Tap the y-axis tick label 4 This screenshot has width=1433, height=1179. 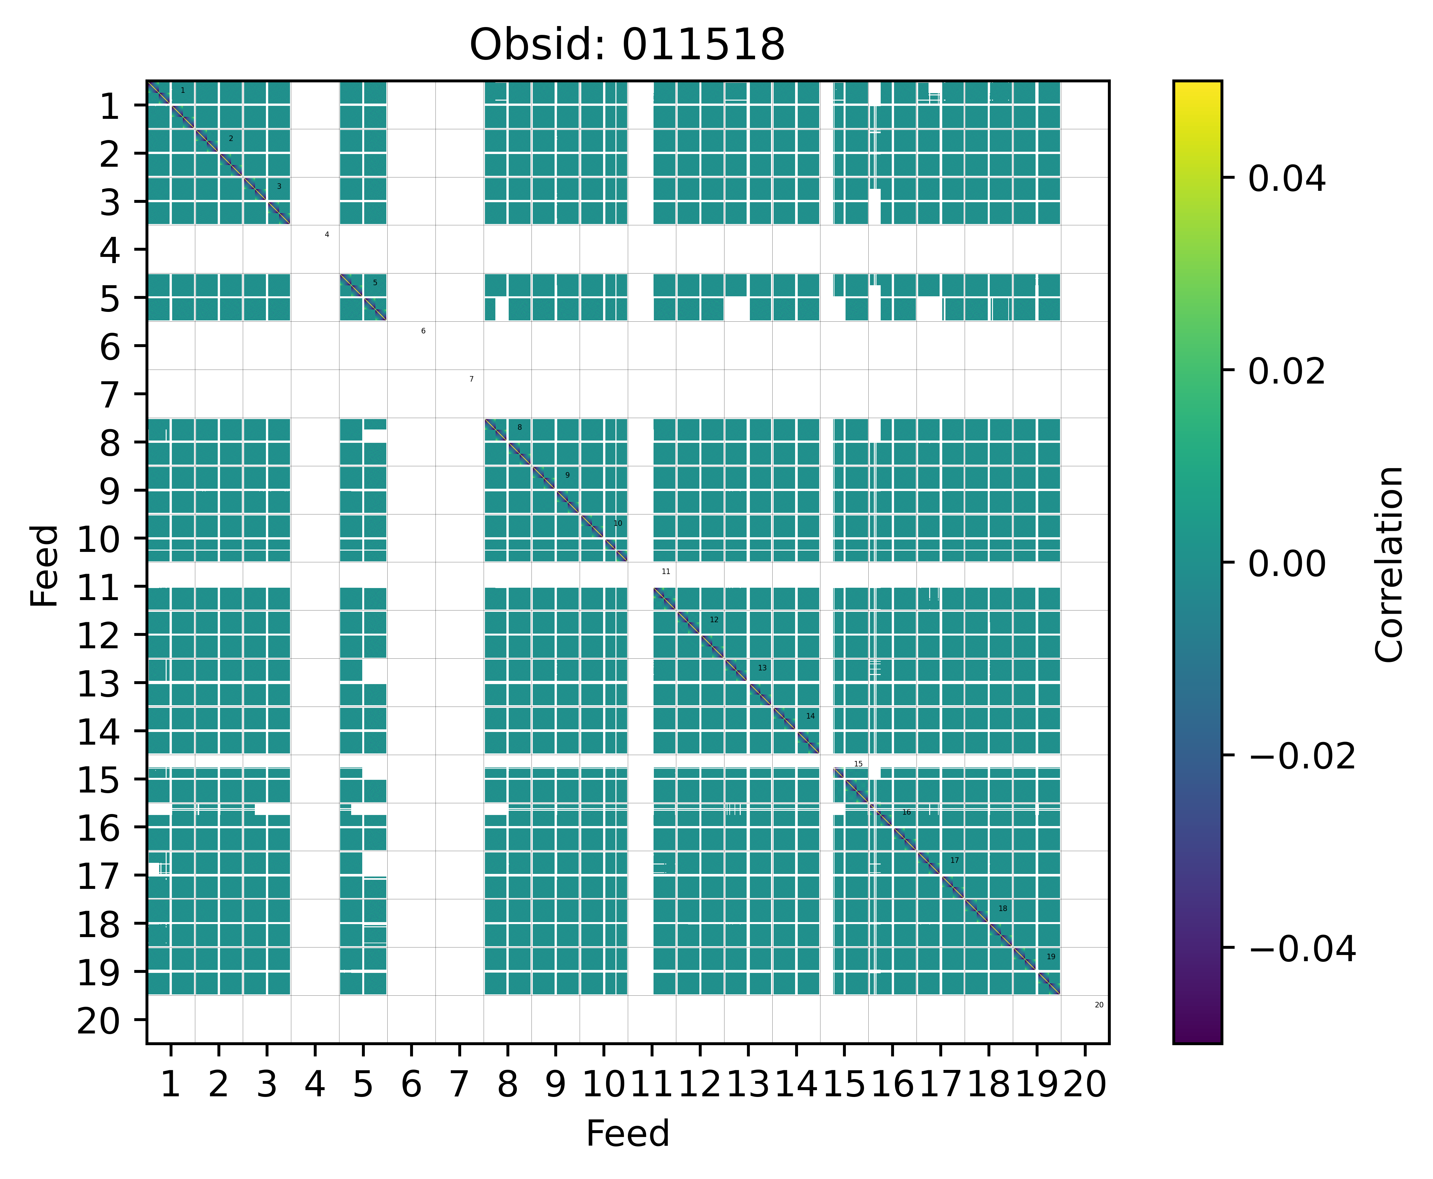(110, 250)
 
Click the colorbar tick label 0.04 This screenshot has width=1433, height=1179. (1286, 179)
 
